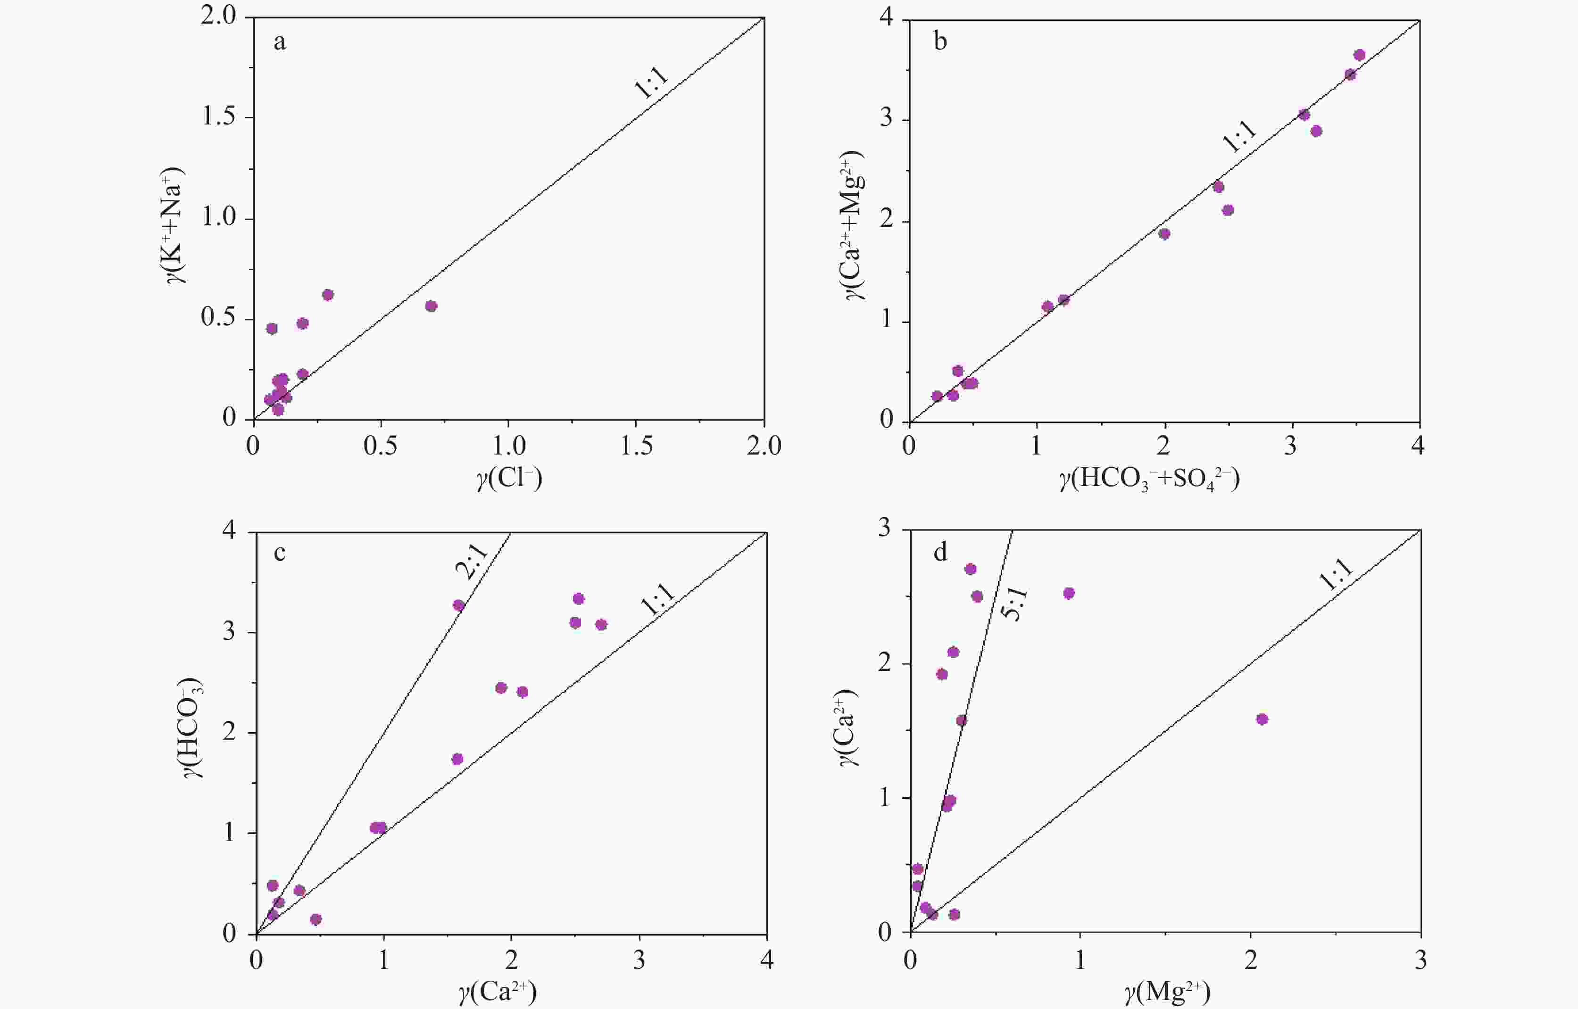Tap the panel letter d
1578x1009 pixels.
[940, 552]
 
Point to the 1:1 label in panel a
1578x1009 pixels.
[653, 83]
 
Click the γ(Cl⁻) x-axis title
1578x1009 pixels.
[509, 480]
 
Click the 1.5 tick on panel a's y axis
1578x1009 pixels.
[218, 118]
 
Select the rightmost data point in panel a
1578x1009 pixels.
[431, 306]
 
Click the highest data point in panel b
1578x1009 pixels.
[1359, 55]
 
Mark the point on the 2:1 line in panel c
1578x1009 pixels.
[459, 605]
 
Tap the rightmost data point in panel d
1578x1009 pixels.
[1262, 720]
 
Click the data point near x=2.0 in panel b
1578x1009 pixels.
[1164, 234]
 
